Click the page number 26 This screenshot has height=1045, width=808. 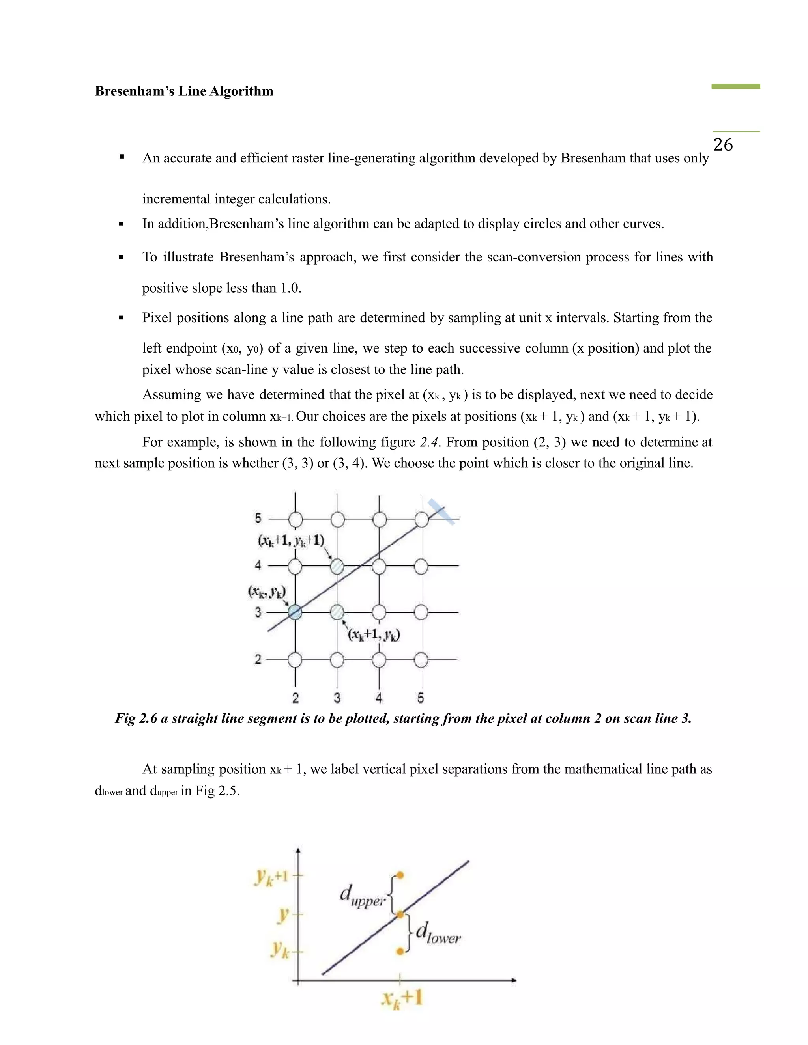pos(723,144)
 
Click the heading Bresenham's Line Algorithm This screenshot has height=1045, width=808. pos(184,91)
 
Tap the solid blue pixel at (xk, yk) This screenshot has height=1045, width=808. pos(295,612)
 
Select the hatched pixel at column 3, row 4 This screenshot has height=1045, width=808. pos(337,567)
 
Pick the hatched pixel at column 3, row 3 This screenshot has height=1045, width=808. pos(337,612)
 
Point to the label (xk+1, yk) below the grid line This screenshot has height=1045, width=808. pos(374,634)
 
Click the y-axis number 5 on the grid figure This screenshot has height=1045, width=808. pos(258,518)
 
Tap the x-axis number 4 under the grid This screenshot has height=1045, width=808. pos(379,698)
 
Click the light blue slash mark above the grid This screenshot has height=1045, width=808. pos(441,511)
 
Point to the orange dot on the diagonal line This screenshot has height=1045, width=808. pos(400,914)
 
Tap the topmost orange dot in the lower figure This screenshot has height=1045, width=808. pos(400,875)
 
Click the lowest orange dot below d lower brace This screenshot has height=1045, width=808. pos(400,952)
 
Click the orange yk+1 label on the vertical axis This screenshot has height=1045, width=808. pos(271,877)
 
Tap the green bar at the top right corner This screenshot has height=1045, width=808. pos(735,86)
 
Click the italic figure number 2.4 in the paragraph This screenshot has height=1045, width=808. pos(429,442)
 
